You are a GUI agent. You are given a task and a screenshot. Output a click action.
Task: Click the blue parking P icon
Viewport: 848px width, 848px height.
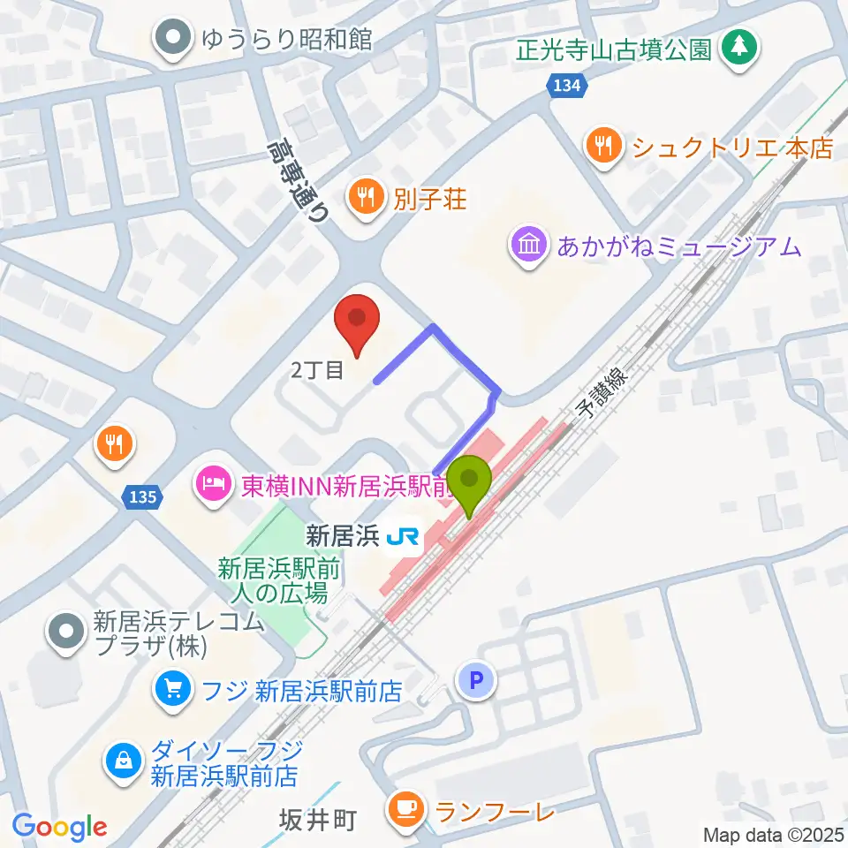[x=475, y=679]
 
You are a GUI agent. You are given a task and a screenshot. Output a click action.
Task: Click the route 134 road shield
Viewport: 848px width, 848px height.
[x=564, y=85]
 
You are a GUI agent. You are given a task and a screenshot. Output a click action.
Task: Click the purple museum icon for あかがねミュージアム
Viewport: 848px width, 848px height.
[x=529, y=243]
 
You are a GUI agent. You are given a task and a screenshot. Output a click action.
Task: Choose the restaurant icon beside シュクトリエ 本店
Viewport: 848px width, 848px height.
[x=603, y=147]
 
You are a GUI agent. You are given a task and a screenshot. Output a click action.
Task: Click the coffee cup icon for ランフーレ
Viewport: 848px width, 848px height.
[x=405, y=807]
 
